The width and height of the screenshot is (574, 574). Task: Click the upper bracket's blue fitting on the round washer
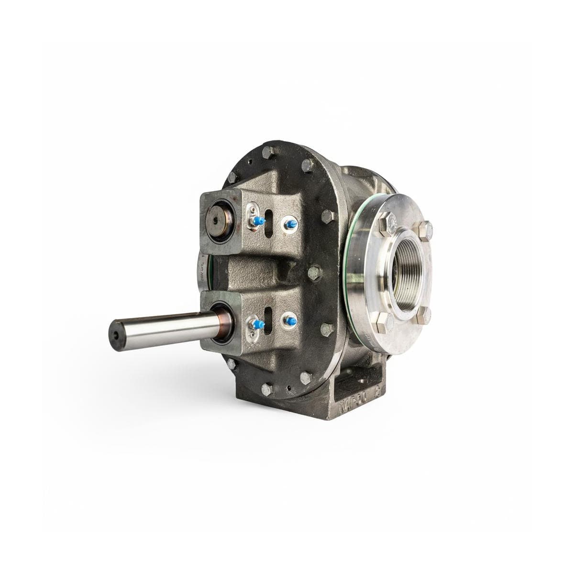288,223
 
